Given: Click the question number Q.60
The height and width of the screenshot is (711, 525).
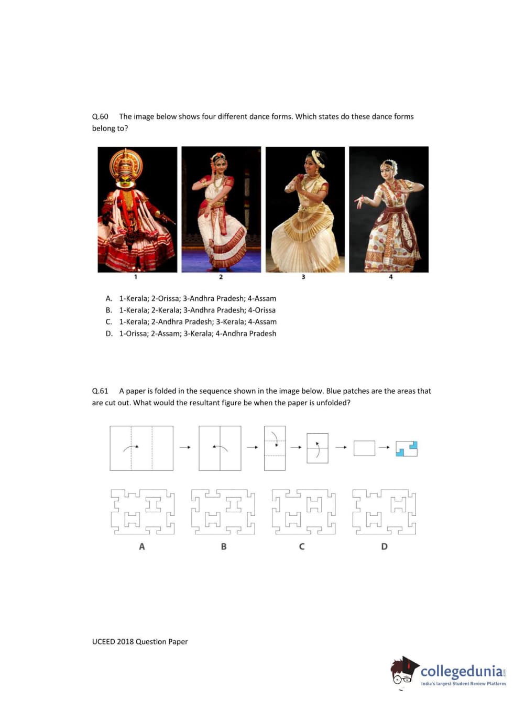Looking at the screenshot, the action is [x=100, y=117].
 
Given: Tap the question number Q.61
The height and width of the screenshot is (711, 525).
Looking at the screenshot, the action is [x=100, y=391].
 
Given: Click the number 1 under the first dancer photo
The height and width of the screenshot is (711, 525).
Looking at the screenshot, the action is [x=136, y=277].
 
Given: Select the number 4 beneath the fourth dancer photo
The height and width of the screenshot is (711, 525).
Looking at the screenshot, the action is [x=390, y=277].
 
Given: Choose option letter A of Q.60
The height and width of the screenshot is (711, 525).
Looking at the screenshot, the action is [x=109, y=298].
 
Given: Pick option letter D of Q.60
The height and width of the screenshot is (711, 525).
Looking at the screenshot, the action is [x=109, y=333].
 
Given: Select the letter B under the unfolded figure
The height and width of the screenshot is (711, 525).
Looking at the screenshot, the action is [x=224, y=546].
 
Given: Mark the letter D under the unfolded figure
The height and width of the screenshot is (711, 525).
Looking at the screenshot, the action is [x=384, y=546].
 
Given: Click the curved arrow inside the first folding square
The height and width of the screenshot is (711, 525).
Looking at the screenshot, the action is [x=130, y=446].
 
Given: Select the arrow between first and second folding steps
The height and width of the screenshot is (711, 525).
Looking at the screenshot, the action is [x=185, y=447].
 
